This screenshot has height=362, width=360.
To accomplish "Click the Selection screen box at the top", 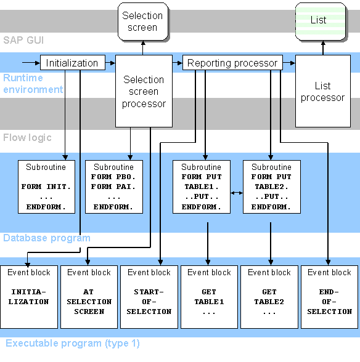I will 142,21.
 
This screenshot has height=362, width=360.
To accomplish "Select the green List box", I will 318,21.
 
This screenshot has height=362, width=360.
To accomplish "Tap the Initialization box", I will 72,63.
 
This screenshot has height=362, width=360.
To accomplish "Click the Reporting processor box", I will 232,63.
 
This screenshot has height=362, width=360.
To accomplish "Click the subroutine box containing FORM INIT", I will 46,186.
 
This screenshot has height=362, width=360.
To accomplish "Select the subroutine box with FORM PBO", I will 114,186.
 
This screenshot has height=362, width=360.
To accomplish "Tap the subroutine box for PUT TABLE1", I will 201,186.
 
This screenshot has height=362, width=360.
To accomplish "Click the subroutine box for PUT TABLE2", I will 271,186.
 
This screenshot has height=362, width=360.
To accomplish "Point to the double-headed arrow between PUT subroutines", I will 236,193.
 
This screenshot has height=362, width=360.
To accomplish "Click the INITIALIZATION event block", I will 29,297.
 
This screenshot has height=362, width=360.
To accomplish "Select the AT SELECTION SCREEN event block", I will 89,297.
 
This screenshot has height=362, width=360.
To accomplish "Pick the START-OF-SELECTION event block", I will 149,297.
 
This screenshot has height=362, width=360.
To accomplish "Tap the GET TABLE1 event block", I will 209,297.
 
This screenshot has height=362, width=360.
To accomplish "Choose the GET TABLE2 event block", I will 269,297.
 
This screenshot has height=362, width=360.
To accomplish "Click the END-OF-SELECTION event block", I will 329,297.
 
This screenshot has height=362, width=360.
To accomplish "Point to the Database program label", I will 47,238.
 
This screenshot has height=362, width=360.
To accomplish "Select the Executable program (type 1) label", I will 73,344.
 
